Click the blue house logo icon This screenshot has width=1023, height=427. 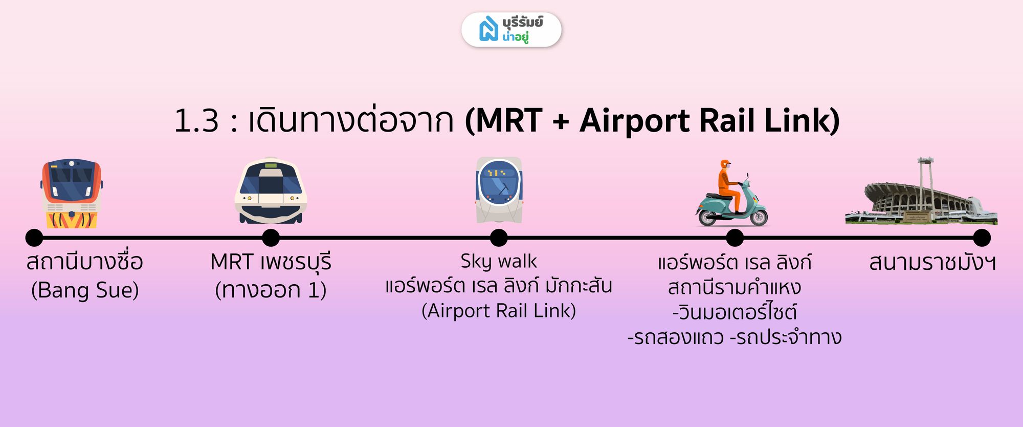[x=488, y=29]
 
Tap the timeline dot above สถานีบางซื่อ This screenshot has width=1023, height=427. [x=34, y=238]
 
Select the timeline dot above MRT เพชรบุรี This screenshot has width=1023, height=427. [x=271, y=238]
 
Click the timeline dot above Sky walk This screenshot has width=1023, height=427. [x=499, y=238]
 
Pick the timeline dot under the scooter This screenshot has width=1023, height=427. [x=735, y=238]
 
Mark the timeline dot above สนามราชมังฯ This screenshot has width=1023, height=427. [x=982, y=238]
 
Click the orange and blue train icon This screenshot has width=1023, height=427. [x=72, y=193]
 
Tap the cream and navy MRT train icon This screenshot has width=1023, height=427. [x=271, y=190]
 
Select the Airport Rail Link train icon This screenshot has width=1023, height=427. [x=499, y=190]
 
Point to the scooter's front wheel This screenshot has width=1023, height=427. [x=759, y=216]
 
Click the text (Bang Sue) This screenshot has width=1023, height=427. [x=85, y=290]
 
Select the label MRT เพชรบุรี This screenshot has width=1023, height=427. [x=271, y=262]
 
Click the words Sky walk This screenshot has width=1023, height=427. [x=499, y=262]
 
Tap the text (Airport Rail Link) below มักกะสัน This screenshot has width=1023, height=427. [x=499, y=311]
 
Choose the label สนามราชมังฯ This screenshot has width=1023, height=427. [x=932, y=263]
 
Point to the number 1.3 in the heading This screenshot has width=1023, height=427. [x=196, y=121]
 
